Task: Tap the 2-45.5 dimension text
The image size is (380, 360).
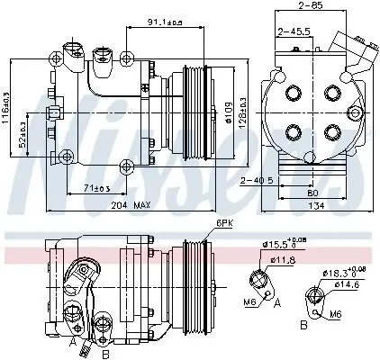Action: [x=294, y=32]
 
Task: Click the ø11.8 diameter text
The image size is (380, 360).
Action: [x=285, y=259]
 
